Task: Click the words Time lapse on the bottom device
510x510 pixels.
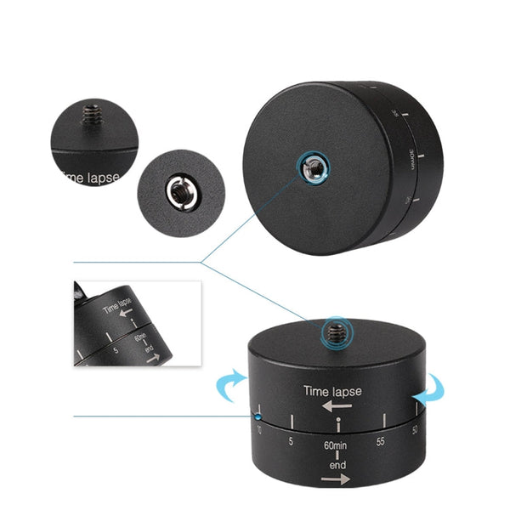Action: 332,391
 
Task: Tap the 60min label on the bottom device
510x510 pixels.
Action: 334,445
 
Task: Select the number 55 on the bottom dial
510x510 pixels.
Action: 381,442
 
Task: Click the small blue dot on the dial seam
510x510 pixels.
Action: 257,416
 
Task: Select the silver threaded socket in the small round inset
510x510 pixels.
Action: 178,192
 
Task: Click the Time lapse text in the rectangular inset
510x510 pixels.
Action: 117,306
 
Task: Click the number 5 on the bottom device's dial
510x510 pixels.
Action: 291,440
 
